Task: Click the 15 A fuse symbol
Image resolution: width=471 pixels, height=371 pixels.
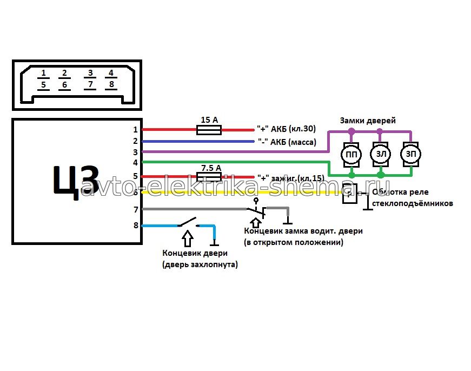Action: click(x=208, y=130)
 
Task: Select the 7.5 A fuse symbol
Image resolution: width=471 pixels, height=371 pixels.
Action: click(x=208, y=177)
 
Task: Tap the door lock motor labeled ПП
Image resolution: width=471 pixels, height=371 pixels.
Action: click(x=351, y=155)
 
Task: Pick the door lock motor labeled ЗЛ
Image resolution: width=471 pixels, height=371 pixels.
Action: click(x=381, y=155)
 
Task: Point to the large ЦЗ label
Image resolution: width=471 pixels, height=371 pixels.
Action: click(x=76, y=180)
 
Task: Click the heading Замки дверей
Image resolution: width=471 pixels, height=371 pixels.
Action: click(x=367, y=121)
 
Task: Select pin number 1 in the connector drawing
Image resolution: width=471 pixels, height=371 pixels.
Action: click(x=44, y=73)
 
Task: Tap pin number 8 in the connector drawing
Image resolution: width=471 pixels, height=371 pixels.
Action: click(x=111, y=84)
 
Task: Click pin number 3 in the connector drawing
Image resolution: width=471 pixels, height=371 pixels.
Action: click(x=90, y=73)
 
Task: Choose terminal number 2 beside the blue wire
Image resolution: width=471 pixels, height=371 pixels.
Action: click(x=136, y=141)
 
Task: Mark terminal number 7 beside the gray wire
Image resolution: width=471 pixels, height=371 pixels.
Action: click(x=136, y=209)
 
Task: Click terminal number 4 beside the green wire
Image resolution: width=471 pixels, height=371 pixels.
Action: click(x=136, y=162)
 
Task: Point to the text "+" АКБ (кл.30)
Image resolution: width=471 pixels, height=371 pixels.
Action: click(x=286, y=129)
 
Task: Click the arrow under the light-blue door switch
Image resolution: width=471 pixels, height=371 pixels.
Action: click(x=187, y=237)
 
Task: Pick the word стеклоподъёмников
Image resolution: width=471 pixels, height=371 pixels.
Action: click(x=412, y=204)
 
